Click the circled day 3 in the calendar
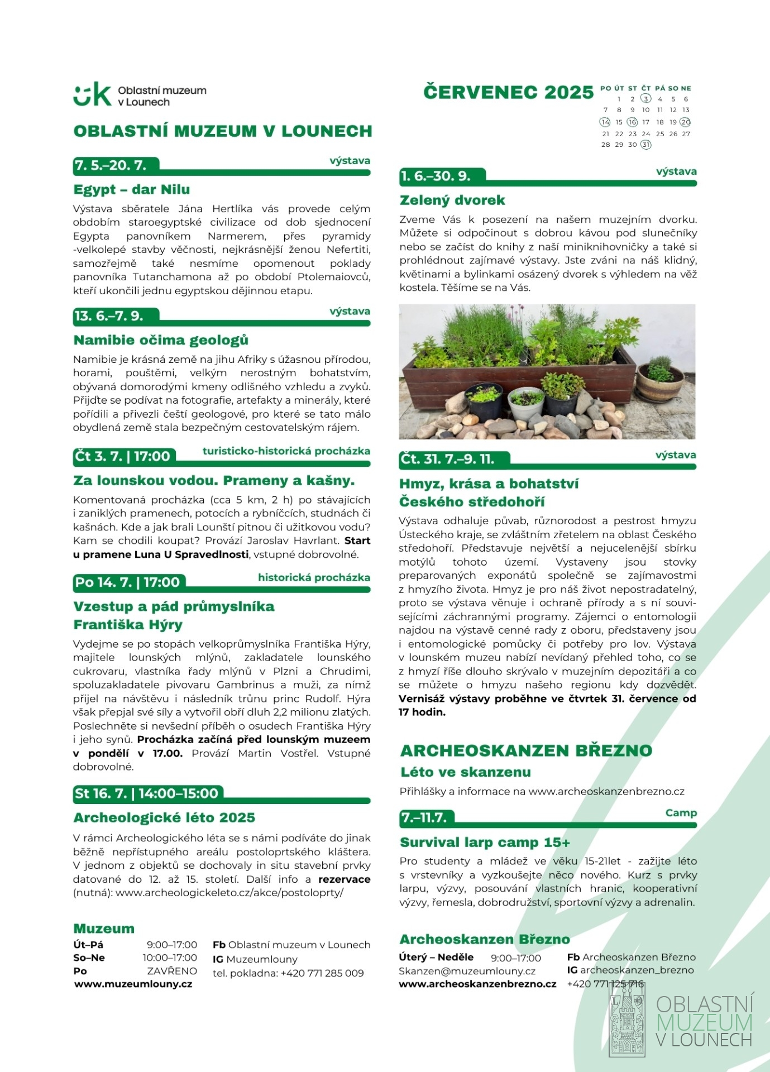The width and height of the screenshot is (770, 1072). point(645,99)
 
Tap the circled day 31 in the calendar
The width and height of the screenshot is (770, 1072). point(645,145)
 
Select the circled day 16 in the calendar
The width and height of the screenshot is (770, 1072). point(632,122)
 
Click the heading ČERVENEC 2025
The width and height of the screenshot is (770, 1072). point(508,92)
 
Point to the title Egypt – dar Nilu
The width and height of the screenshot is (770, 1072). point(132,190)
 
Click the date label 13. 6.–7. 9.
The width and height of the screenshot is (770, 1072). point(109,316)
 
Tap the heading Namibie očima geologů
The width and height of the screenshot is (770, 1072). point(161,340)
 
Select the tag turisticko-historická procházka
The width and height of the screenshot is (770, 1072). point(286,451)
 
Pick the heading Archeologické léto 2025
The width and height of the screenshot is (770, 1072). point(164,817)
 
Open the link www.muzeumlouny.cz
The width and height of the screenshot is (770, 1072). point(133,984)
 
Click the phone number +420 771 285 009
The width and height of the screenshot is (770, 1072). point(322,973)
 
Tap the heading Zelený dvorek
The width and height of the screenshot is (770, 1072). point(452,200)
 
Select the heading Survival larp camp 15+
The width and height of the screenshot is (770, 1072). point(485,842)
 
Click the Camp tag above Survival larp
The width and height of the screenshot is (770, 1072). point(681,813)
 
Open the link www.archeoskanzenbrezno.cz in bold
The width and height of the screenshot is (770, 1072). point(477,984)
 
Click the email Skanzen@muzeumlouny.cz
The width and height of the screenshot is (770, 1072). point(467,971)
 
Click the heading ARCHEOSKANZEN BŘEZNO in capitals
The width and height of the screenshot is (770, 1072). point(526,750)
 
